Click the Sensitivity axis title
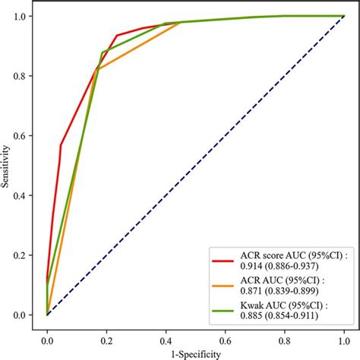(7, 165)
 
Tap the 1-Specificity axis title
(195, 354)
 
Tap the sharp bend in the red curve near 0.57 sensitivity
(61, 145)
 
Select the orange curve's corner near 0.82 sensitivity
(96, 70)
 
